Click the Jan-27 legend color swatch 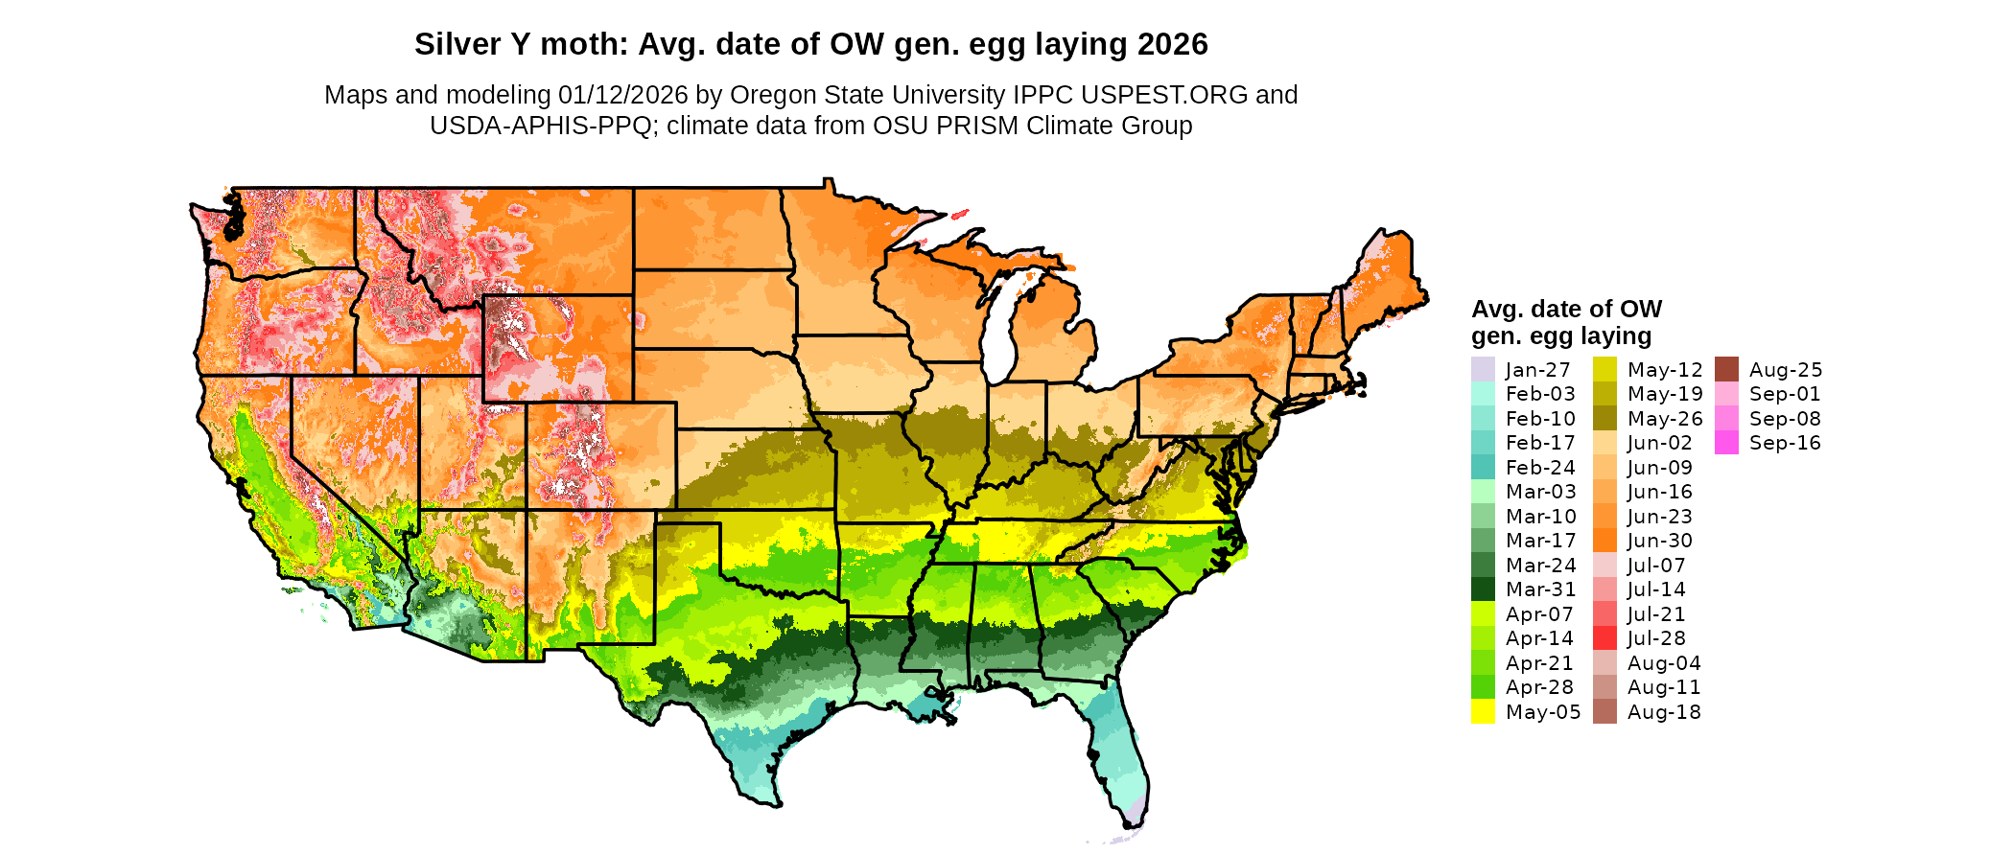coord(1483,369)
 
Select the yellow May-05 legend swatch coord(1483,711)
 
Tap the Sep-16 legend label coord(1784,443)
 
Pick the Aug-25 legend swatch coord(1726,369)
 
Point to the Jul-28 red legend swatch coord(1604,638)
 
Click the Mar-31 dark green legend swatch coord(1483,589)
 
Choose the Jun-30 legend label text coord(1660,541)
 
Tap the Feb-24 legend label coord(1540,468)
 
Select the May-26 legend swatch coord(1604,419)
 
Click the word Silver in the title coord(450,44)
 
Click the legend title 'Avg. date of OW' coord(1566,309)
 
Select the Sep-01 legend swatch coord(1726,394)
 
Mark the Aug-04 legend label coord(1664,663)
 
